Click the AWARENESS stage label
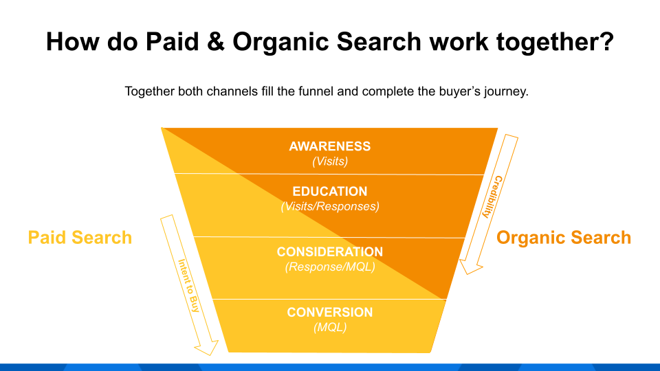[329, 146]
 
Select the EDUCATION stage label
[329, 192]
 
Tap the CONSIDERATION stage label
[329, 252]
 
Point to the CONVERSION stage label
[329, 313]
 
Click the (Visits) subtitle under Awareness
[330, 162]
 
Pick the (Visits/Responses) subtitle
[330, 206]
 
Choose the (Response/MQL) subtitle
[330, 267]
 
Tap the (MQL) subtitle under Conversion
[330, 328]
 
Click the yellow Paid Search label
[80, 238]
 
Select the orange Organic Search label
[564, 238]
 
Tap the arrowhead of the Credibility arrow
[470, 265]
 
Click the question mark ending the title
[605, 43]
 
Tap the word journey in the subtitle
[505, 91]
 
